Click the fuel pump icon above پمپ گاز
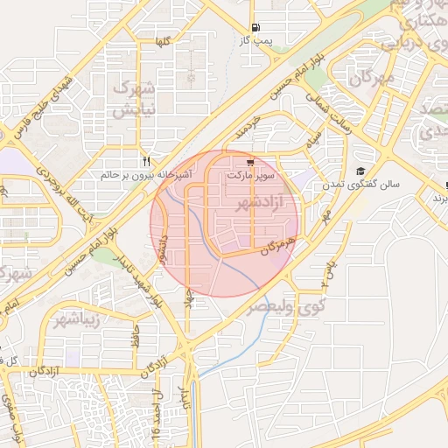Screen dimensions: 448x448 (255, 27)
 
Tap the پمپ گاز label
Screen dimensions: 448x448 (257, 40)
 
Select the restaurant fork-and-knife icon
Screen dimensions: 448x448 (146, 161)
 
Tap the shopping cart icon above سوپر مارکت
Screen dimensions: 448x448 (250, 162)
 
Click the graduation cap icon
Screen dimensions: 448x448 (360, 171)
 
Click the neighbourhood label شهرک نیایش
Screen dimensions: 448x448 (135, 98)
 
